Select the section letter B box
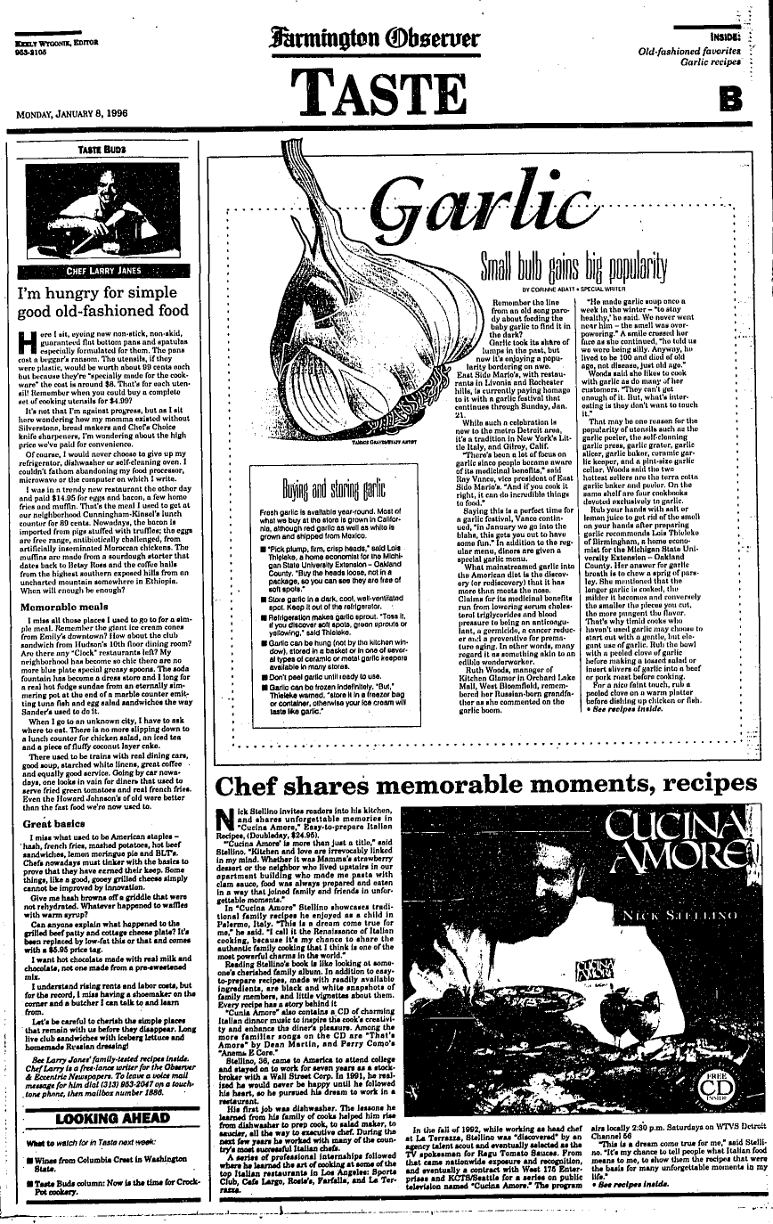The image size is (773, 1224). click(728, 97)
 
